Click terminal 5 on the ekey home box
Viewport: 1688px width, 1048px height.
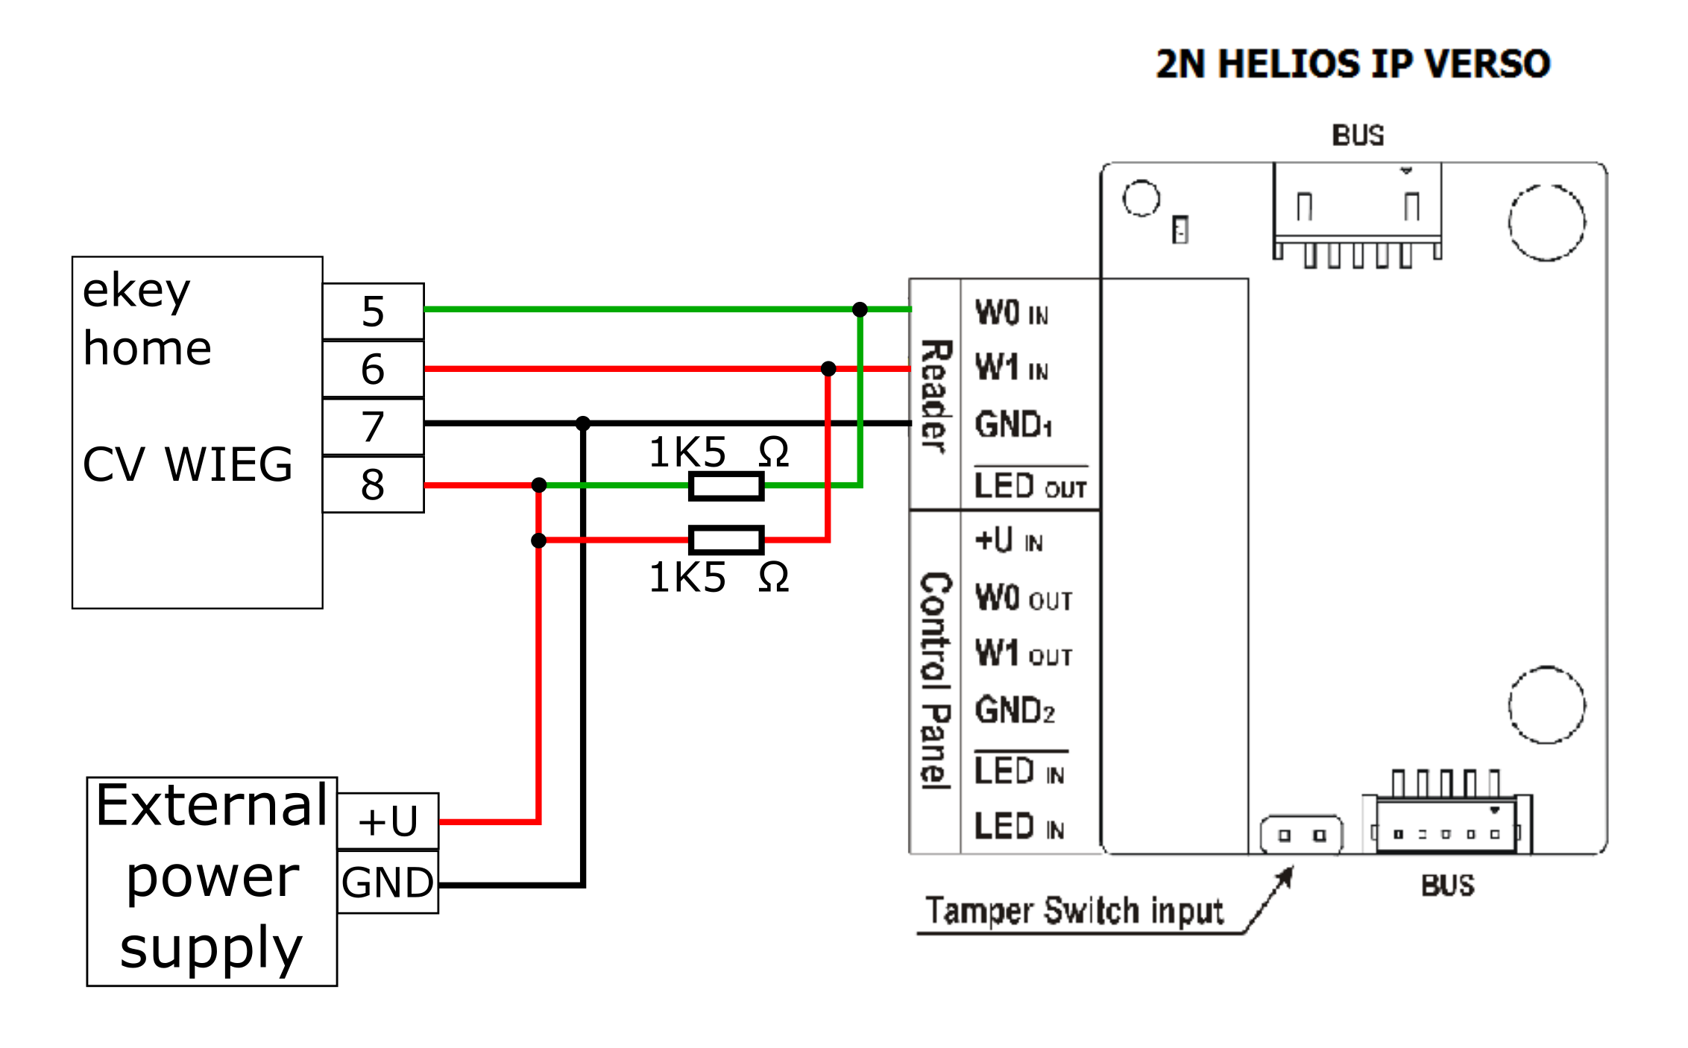(x=373, y=311)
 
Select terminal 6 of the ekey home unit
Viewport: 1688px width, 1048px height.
(x=373, y=369)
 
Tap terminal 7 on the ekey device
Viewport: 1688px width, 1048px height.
(x=373, y=426)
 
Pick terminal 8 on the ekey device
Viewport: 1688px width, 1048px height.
(x=373, y=484)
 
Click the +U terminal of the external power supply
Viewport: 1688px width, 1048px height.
(x=388, y=821)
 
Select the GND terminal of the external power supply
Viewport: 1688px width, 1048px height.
(x=388, y=883)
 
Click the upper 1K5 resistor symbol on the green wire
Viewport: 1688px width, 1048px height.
(x=726, y=486)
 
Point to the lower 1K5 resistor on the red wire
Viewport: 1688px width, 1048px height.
(x=726, y=540)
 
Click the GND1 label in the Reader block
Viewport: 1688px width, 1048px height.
(x=1013, y=425)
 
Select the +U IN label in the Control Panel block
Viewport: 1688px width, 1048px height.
(x=1009, y=540)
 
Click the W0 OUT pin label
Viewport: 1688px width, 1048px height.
(x=1024, y=598)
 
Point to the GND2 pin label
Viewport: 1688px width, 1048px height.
(x=1015, y=710)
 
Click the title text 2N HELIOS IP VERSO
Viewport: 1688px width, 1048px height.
(x=1353, y=64)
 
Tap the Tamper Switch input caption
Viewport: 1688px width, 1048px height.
(x=1074, y=911)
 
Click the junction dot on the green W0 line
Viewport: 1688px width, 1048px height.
(x=860, y=309)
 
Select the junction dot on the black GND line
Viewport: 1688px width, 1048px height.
(x=583, y=423)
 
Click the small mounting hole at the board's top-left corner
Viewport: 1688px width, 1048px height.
(x=1141, y=198)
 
